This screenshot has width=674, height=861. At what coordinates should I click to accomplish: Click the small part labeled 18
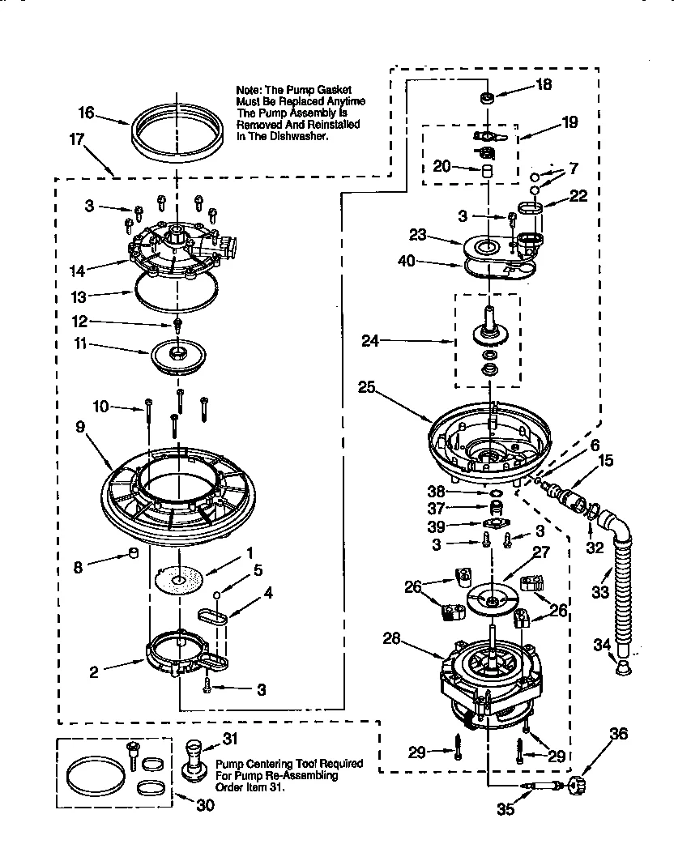click(x=488, y=98)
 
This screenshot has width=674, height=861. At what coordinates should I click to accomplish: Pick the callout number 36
click(x=618, y=735)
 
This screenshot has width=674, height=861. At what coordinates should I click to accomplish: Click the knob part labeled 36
click(x=577, y=783)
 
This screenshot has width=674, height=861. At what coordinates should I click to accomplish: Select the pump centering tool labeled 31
click(x=194, y=757)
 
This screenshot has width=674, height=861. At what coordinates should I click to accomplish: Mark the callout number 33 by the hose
click(x=599, y=592)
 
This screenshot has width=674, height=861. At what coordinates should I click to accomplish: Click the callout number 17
click(x=78, y=139)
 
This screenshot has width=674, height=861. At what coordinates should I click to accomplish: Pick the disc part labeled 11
click(x=177, y=355)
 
